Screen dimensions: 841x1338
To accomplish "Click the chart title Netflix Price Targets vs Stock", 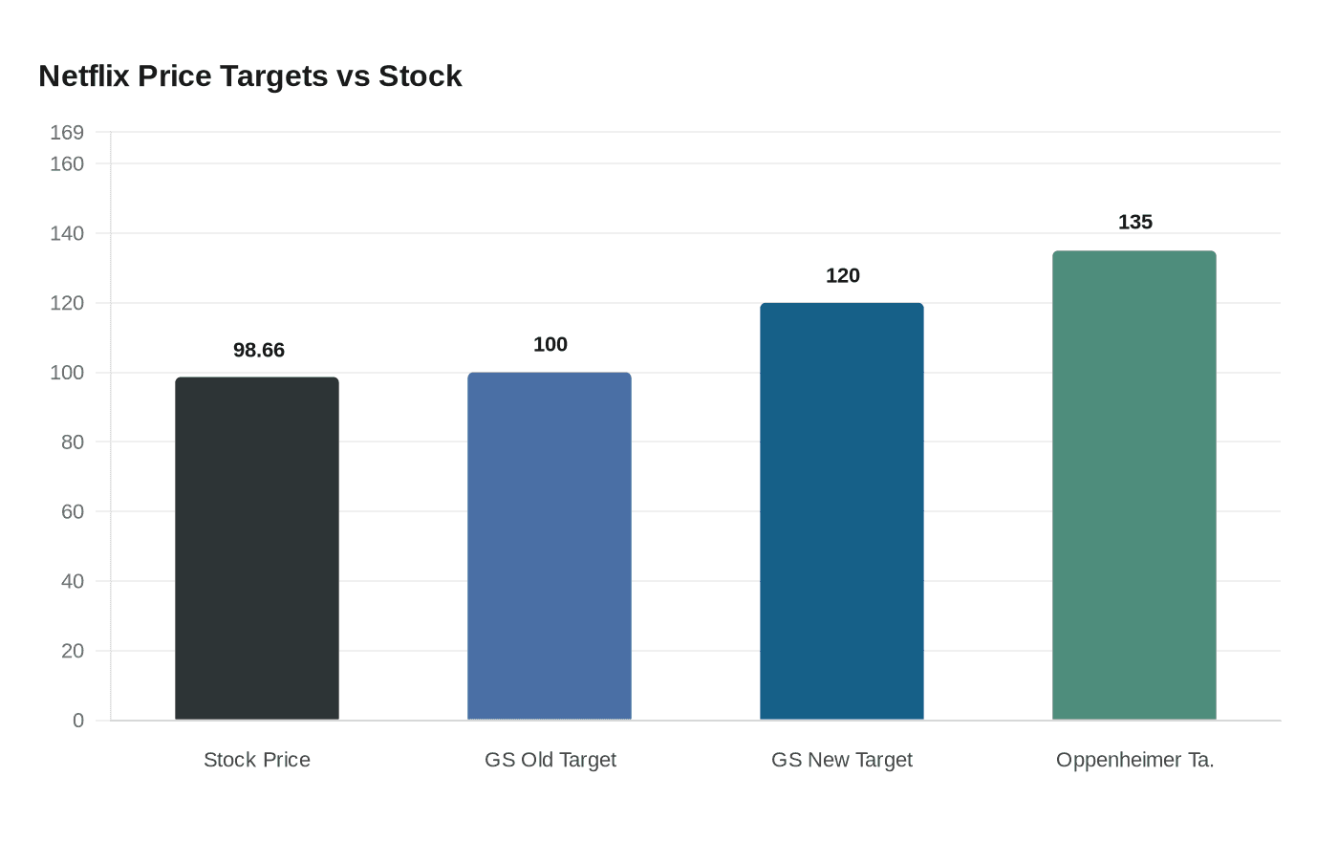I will (x=250, y=76).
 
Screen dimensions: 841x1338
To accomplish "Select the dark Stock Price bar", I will (x=257, y=549).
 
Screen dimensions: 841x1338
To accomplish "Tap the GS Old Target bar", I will (x=550, y=546).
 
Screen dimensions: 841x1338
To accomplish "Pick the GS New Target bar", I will (x=842, y=511).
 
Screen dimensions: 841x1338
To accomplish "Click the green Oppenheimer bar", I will (x=1134, y=485).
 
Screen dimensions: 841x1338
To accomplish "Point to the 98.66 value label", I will (x=259, y=351).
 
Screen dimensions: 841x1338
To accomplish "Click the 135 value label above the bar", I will (x=1135, y=223).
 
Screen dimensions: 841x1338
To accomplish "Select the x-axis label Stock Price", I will (x=257, y=760).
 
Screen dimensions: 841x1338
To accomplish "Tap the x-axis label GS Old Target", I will (x=550, y=760).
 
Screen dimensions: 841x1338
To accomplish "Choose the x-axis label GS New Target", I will (x=842, y=760).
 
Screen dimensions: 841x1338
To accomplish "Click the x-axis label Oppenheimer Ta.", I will (x=1135, y=760).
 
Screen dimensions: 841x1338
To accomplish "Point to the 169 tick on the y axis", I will (x=67, y=133).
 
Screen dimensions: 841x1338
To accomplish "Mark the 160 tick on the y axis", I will (x=67, y=164).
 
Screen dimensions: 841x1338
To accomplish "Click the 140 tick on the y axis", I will (x=67, y=233).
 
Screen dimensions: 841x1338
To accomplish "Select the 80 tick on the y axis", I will (x=73, y=442).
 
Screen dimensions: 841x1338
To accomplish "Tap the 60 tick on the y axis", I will (x=73, y=512).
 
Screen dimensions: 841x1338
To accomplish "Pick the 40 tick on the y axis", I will (x=73, y=581).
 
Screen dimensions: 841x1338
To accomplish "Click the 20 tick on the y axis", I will (x=73, y=651).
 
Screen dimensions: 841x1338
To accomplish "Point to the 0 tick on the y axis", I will (x=78, y=721).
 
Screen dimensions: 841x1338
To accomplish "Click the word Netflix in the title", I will (x=84, y=76).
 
